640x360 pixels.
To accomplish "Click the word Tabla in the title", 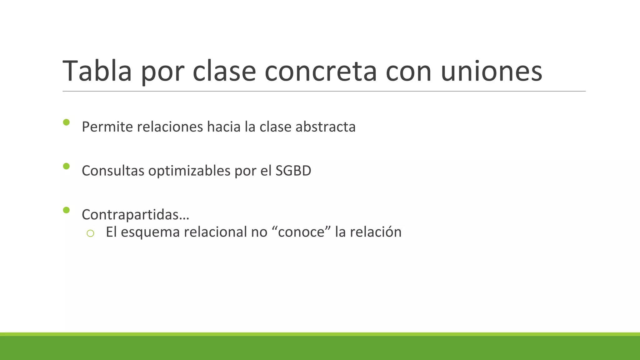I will pyautogui.click(x=97, y=71).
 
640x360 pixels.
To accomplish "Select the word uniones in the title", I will pyautogui.click(x=491, y=71).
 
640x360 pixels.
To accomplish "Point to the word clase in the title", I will pyautogui.click(x=224, y=71).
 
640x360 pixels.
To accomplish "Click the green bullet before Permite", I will pyautogui.click(x=66, y=122).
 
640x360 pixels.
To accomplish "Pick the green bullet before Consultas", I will pyautogui.click(x=66, y=166).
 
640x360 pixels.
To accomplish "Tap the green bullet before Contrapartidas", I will pyautogui.click(x=66, y=210).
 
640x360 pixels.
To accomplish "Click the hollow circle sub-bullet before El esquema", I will pyautogui.click(x=90, y=233).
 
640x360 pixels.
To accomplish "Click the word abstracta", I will pyautogui.click(x=325, y=127).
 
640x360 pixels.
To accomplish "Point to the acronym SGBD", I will pyautogui.click(x=293, y=171).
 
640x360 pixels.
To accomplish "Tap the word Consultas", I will pyautogui.click(x=113, y=171).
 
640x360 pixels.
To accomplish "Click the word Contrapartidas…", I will pyautogui.click(x=135, y=215).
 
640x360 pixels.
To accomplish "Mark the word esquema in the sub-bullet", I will pyautogui.click(x=150, y=232).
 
